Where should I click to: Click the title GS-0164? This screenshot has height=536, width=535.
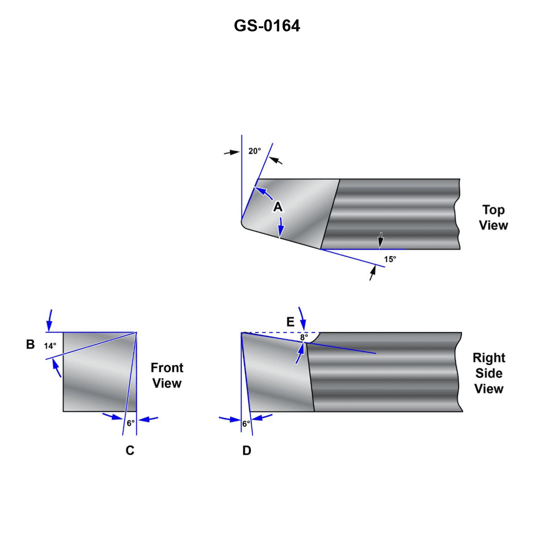pos(267,25)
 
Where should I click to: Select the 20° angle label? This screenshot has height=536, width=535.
pos(255,151)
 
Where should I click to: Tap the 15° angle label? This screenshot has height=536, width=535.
pos(390,259)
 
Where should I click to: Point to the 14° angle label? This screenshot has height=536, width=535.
pos(50,346)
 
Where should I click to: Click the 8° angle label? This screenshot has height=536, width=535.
pos(304,337)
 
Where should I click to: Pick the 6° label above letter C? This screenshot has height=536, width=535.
pos(131,423)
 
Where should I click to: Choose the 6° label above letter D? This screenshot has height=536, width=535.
pos(246,423)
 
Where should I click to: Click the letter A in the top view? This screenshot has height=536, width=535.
pos(278,207)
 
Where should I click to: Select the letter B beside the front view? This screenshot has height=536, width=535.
pos(31,345)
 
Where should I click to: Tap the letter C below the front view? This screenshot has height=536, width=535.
pos(130,450)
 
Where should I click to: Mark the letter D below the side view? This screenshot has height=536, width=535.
pos(247,450)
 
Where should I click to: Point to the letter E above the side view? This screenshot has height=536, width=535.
pos(290,322)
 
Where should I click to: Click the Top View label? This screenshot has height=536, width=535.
pos(493,218)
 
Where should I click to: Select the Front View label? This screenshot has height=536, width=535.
pos(167,375)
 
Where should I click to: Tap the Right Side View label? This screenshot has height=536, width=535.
pos(489,373)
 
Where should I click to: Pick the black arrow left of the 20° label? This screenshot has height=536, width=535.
pos(231,152)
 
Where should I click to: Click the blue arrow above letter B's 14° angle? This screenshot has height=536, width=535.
pos(50,320)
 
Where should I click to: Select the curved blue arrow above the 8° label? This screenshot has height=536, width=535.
pos(302,317)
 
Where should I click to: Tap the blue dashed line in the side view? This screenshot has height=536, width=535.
pos(278,333)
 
